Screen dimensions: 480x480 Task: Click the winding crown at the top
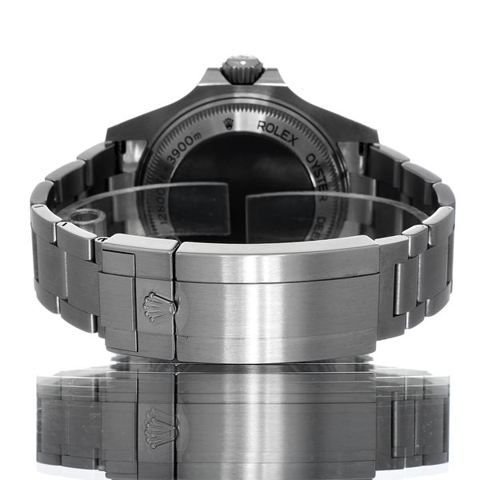[x=242, y=69]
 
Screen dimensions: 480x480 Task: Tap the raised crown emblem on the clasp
[x=158, y=306]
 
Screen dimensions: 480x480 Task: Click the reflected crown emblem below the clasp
[x=158, y=426]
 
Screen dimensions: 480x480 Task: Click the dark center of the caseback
[x=240, y=184]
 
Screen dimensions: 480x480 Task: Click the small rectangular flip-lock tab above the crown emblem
[x=117, y=264]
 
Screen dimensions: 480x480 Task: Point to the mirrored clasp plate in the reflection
[x=276, y=416]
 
